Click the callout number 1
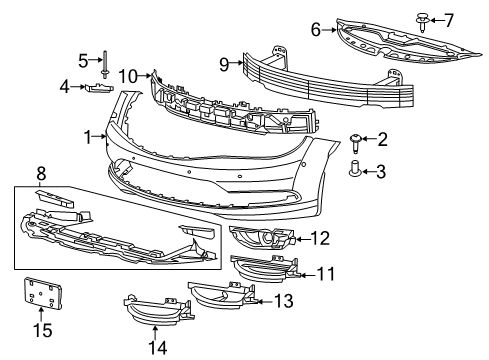point(88,135)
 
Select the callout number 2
point(381,139)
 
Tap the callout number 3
point(381,172)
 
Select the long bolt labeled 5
point(105,59)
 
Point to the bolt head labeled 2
point(355,138)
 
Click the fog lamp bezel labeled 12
point(262,239)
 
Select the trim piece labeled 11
point(265,269)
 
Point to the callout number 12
point(319,238)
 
